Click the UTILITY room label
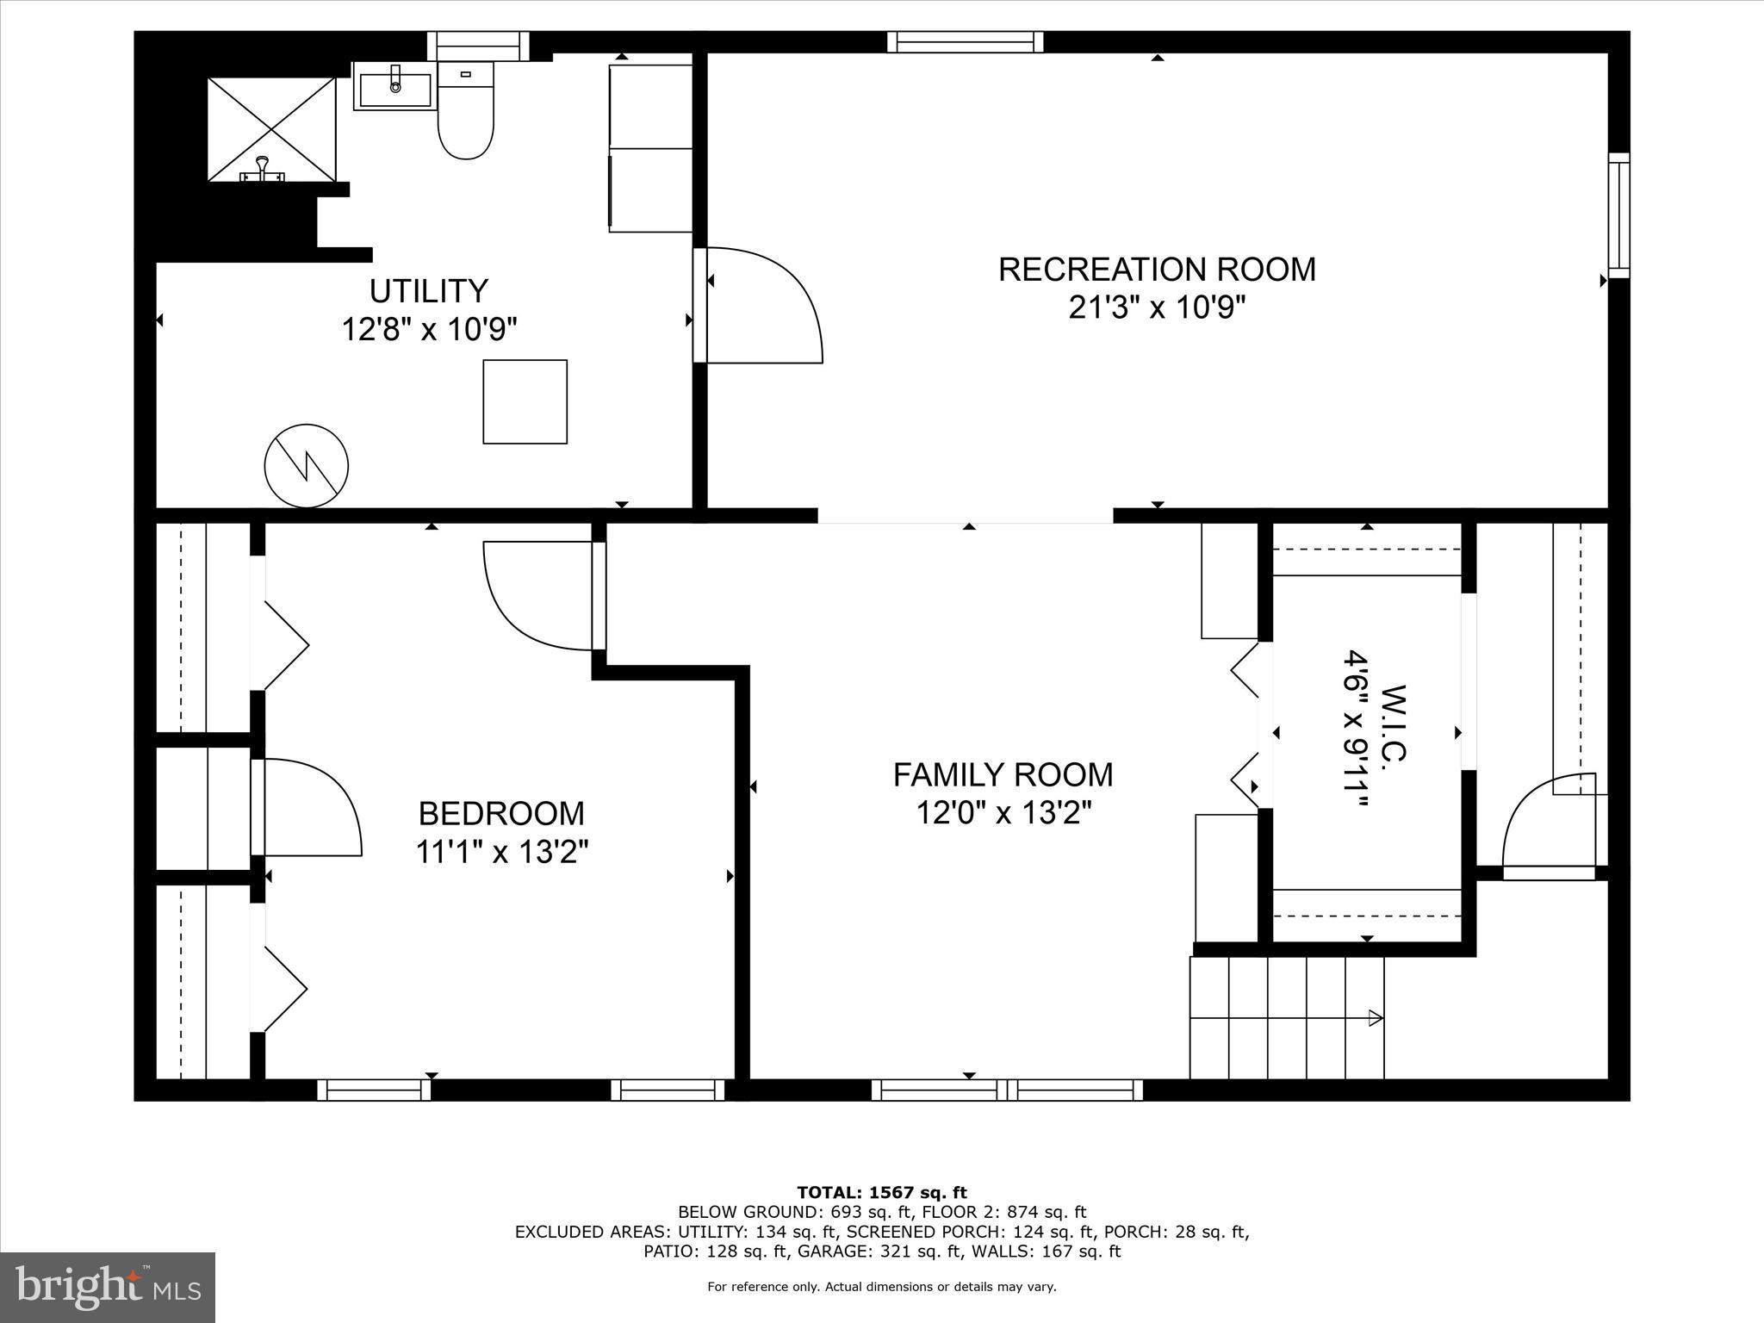click(429, 291)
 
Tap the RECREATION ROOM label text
click(1157, 270)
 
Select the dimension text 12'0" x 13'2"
click(1003, 813)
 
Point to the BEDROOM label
click(501, 813)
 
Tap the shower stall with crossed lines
click(271, 129)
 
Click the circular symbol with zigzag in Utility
click(306, 466)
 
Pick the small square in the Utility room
click(525, 401)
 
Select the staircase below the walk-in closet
click(1286, 1018)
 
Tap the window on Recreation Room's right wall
click(1618, 215)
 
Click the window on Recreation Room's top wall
click(965, 42)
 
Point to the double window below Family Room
click(1007, 1090)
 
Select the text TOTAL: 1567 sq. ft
click(881, 1193)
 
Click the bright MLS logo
click(108, 1287)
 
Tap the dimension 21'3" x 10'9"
click(1157, 307)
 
